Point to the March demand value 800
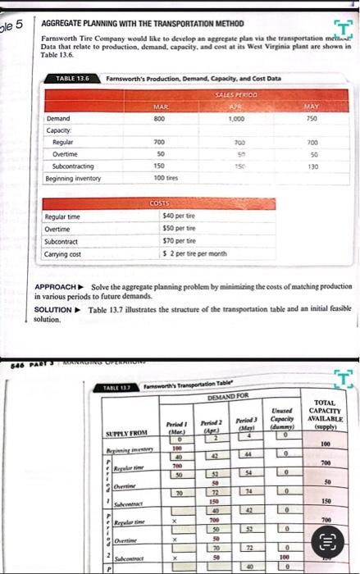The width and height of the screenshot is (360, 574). click(161, 119)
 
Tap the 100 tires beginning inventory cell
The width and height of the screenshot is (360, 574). click(166, 178)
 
